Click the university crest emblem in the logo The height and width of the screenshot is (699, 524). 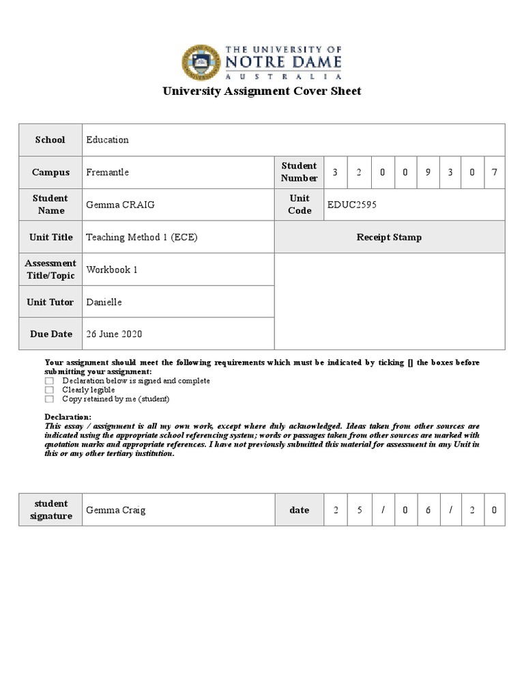[201, 63]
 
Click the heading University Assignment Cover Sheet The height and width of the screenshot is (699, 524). [261, 91]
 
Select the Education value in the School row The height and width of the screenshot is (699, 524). [107, 140]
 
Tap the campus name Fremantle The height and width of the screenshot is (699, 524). [107, 173]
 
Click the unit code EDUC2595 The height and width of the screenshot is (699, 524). [352, 205]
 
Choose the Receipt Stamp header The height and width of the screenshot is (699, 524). [389, 238]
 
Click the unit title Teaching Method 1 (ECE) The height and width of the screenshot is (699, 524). [142, 238]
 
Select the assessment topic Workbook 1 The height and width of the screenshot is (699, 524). [112, 270]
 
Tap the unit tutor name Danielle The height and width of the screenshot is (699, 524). [104, 302]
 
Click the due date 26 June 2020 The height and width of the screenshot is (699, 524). [114, 334]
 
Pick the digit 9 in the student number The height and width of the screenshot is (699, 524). [428, 173]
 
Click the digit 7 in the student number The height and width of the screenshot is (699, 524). [495, 173]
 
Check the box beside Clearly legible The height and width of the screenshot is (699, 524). [49, 390]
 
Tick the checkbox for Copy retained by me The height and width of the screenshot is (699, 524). [49, 399]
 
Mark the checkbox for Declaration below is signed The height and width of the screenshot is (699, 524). [49, 382]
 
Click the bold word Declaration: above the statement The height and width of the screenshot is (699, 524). [68, 417]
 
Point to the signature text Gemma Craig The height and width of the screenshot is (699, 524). [115, 510]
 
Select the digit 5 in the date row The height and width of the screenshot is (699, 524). [360, 510]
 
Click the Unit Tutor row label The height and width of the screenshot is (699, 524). [50, 302]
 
